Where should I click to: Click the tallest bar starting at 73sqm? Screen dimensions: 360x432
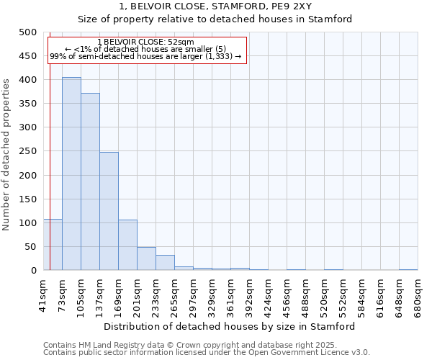pos(71,174)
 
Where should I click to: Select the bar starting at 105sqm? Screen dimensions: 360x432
pos(90,181)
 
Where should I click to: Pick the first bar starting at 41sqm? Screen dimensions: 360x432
pos(53,245)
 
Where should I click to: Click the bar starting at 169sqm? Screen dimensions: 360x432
pos(127,245)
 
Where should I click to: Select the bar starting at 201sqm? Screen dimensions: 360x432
pos(146,258)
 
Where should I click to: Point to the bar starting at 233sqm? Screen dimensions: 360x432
pos(165,263)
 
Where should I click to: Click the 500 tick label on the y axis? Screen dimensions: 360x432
pos(27,32)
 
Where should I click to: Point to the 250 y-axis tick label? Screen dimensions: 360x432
pos(27,151)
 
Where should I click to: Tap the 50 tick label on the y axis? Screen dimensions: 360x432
pos(30,247)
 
